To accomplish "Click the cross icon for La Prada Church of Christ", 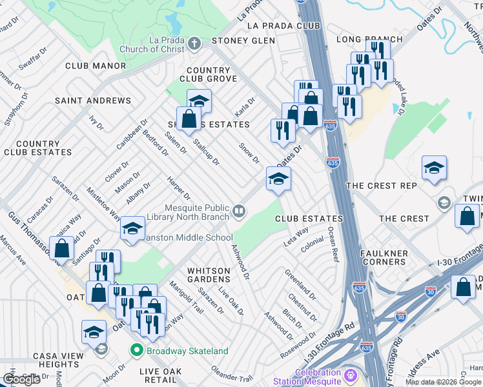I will click(194, 45).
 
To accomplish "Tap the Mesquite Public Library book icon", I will click(239, 211).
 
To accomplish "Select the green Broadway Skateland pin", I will click(136, 351).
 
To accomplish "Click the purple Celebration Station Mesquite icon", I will click(351, 374).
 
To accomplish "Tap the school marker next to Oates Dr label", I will click(278, 179).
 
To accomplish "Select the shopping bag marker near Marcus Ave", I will click(62, 248).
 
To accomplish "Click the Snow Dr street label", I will click(249, 154).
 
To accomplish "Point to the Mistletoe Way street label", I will click(104, 203).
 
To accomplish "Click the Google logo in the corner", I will click(21, 379).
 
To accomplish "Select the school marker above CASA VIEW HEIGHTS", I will click(94, 332).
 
